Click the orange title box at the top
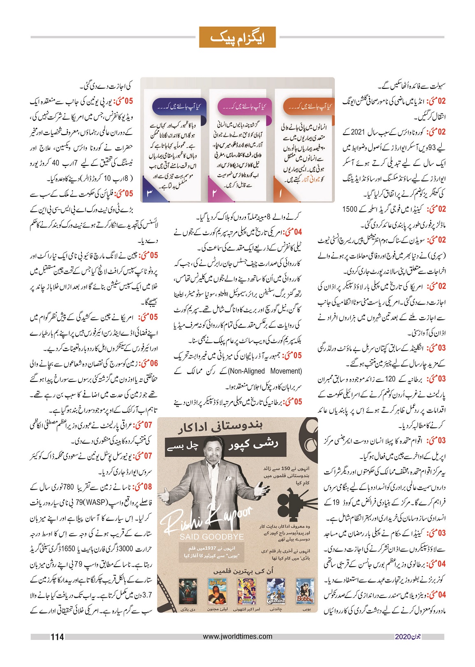(237, 37)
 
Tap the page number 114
(57, 637)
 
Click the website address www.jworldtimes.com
(238, 636)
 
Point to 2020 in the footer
(403, 637)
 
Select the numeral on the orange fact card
(280, 193)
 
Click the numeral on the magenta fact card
(214, 193)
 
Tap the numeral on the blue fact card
(150, 193)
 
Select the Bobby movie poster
(304, 592)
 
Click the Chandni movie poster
(276, 592)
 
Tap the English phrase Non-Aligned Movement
(265, 371)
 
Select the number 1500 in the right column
(350, 209)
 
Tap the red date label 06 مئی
(148, 364)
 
